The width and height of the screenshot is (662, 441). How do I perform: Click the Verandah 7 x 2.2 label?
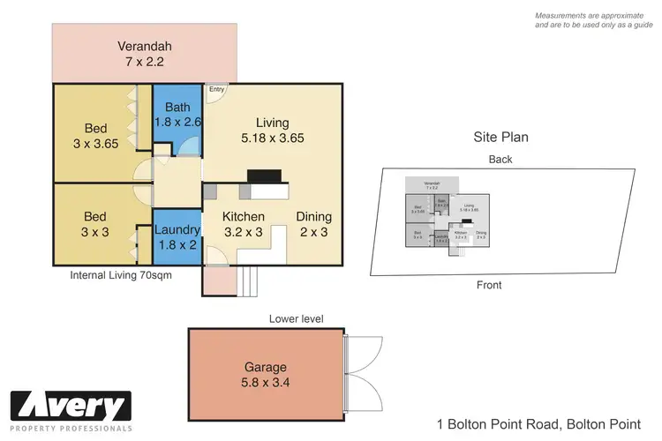click(x=144, y=54)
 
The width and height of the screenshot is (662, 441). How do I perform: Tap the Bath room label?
click(x=177, y=116)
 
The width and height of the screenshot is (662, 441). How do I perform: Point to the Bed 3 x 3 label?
click(x=95, y=223)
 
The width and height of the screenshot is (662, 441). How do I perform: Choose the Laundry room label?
click(x=177, y=237)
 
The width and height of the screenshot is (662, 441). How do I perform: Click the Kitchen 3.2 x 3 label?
click(x=243, y=223)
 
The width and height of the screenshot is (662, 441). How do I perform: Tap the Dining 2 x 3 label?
click(x=314, y=223)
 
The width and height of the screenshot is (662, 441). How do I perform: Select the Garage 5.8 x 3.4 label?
click(x=265, y=375)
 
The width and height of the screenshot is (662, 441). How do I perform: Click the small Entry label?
click(x=216, y=89)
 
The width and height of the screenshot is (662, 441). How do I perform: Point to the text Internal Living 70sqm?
click(x=120, y=275)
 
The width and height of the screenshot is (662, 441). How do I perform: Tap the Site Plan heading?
click(x=501, y=138)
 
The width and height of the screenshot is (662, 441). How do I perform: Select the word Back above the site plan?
click(x=500, y=160)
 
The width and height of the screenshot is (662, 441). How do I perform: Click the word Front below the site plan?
click(x=489, y=285)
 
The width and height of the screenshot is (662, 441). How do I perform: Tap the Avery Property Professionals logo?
click(x=71, y=411)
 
